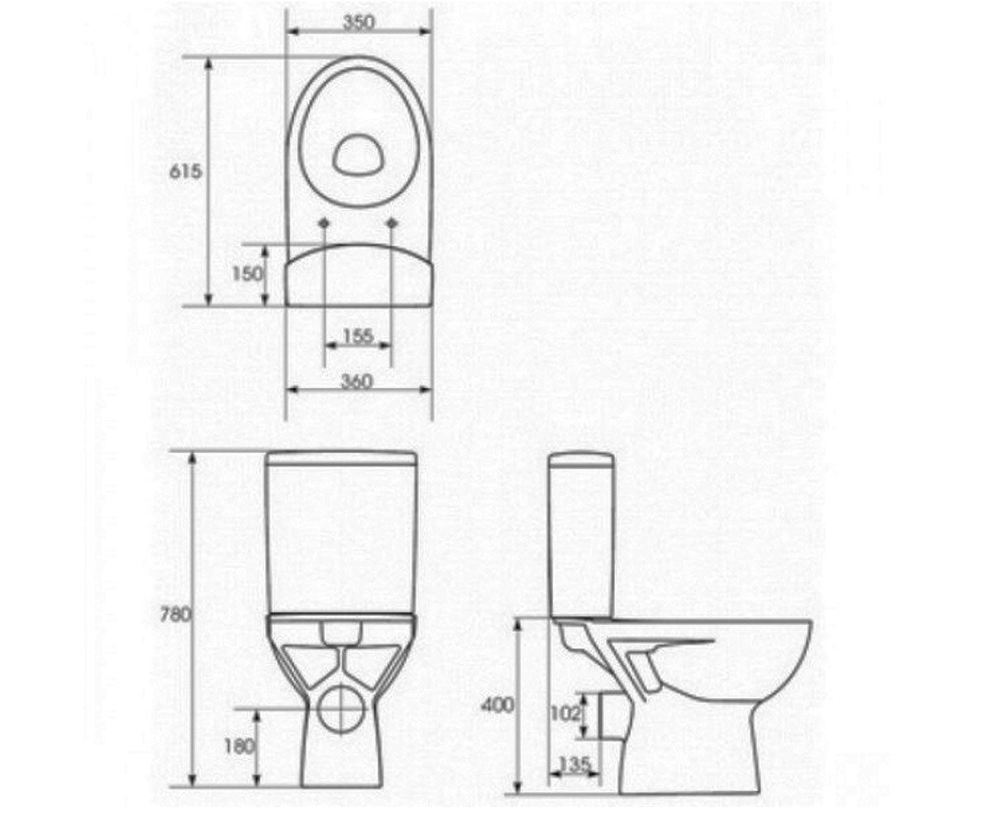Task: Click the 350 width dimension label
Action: [359, 22]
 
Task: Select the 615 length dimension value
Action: [186, 171]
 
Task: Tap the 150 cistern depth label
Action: [247, 274]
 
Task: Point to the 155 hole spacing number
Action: [358, 337]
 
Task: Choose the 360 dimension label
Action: [357, 381]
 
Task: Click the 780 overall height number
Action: [174, 615]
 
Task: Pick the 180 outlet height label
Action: [240, 747]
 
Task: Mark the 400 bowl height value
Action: [498, 705]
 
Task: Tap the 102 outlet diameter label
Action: [565, 714]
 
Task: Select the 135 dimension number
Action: [574, 765]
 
